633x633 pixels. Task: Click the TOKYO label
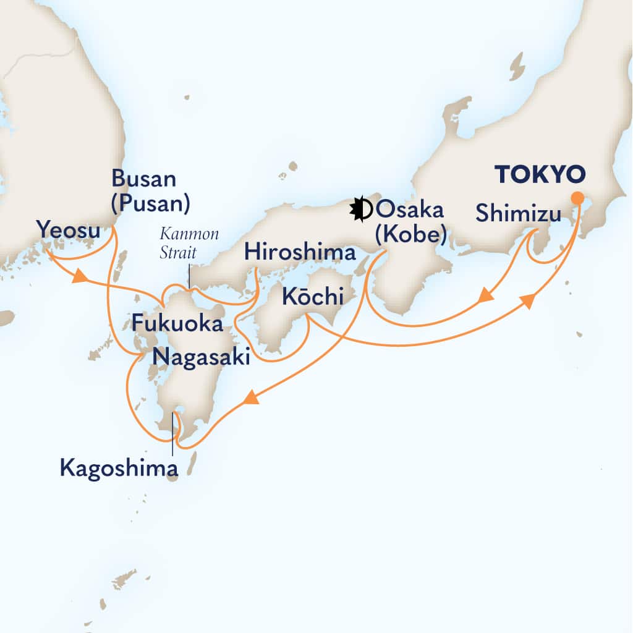click(x=540, y=175)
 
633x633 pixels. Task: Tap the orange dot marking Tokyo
click(x=577, y=198)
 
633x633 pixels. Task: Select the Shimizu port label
click(x=518, y=215)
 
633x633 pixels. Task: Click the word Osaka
click(x=410, y=210)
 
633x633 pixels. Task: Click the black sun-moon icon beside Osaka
click(x=360, y=210)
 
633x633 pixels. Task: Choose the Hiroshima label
click(x=300, y=252)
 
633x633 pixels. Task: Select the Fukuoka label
click(x=177, y=323)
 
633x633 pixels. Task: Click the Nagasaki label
click(x=202, y=357)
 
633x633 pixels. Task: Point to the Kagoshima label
click(x=119, y=468)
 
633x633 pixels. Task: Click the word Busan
click(x=143, y=179)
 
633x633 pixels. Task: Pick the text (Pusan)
click(x=150, y=203)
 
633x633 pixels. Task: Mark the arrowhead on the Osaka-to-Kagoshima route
click(x=250, y=399)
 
